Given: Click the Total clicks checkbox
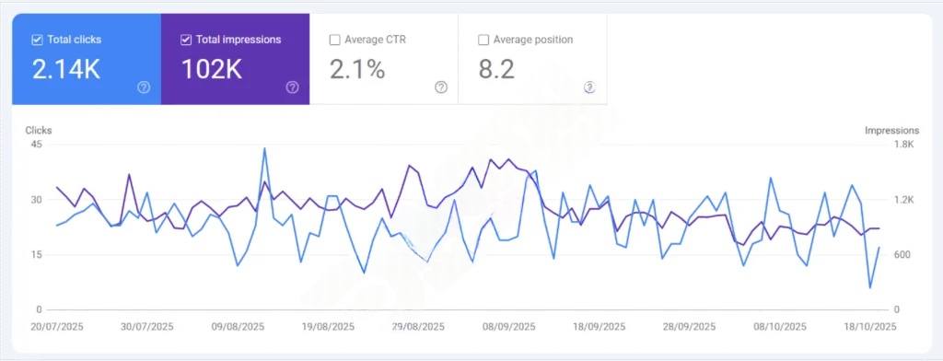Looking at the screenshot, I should (37, 40).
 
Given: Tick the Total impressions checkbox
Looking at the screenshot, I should (186, 40).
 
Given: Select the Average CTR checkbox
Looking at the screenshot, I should (335, 40).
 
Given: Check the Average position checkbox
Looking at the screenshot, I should (483, 40).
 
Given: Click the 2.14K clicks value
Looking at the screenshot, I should (65, 69).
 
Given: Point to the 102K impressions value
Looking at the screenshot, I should (212, 69).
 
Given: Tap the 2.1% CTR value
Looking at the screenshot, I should (356, 69).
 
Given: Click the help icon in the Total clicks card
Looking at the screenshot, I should (144, 87).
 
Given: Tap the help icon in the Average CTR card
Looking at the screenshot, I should (441, 87).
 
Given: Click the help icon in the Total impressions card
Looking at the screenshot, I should (292, 87).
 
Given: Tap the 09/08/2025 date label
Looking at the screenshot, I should (239, 326).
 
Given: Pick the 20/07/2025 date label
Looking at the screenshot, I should (58, 326).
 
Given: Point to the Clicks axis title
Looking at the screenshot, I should (38, 131).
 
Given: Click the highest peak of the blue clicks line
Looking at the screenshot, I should (264, 148).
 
